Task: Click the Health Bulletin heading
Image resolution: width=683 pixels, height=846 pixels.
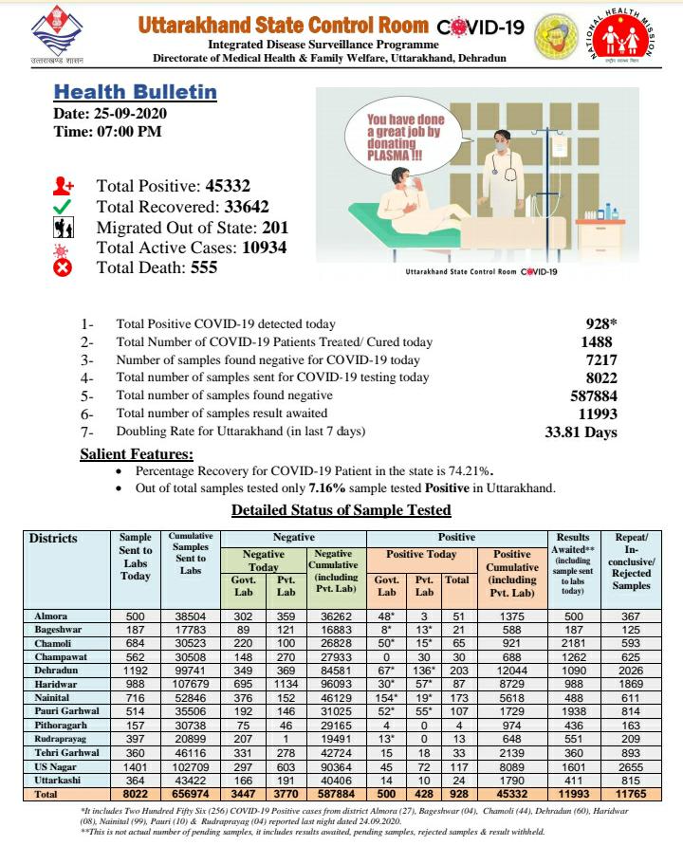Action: pos(135,93)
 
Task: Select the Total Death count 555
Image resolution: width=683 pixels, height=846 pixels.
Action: pos(198,268)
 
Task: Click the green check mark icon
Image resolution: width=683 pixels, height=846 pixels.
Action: pos(63,208)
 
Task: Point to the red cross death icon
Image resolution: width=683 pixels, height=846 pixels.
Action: pos(63,268)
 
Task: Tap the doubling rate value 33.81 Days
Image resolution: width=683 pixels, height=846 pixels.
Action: pos(581,432)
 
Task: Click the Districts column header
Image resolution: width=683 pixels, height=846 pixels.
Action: pos(53,539)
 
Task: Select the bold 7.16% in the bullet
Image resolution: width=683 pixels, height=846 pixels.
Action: pos(326,488)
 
